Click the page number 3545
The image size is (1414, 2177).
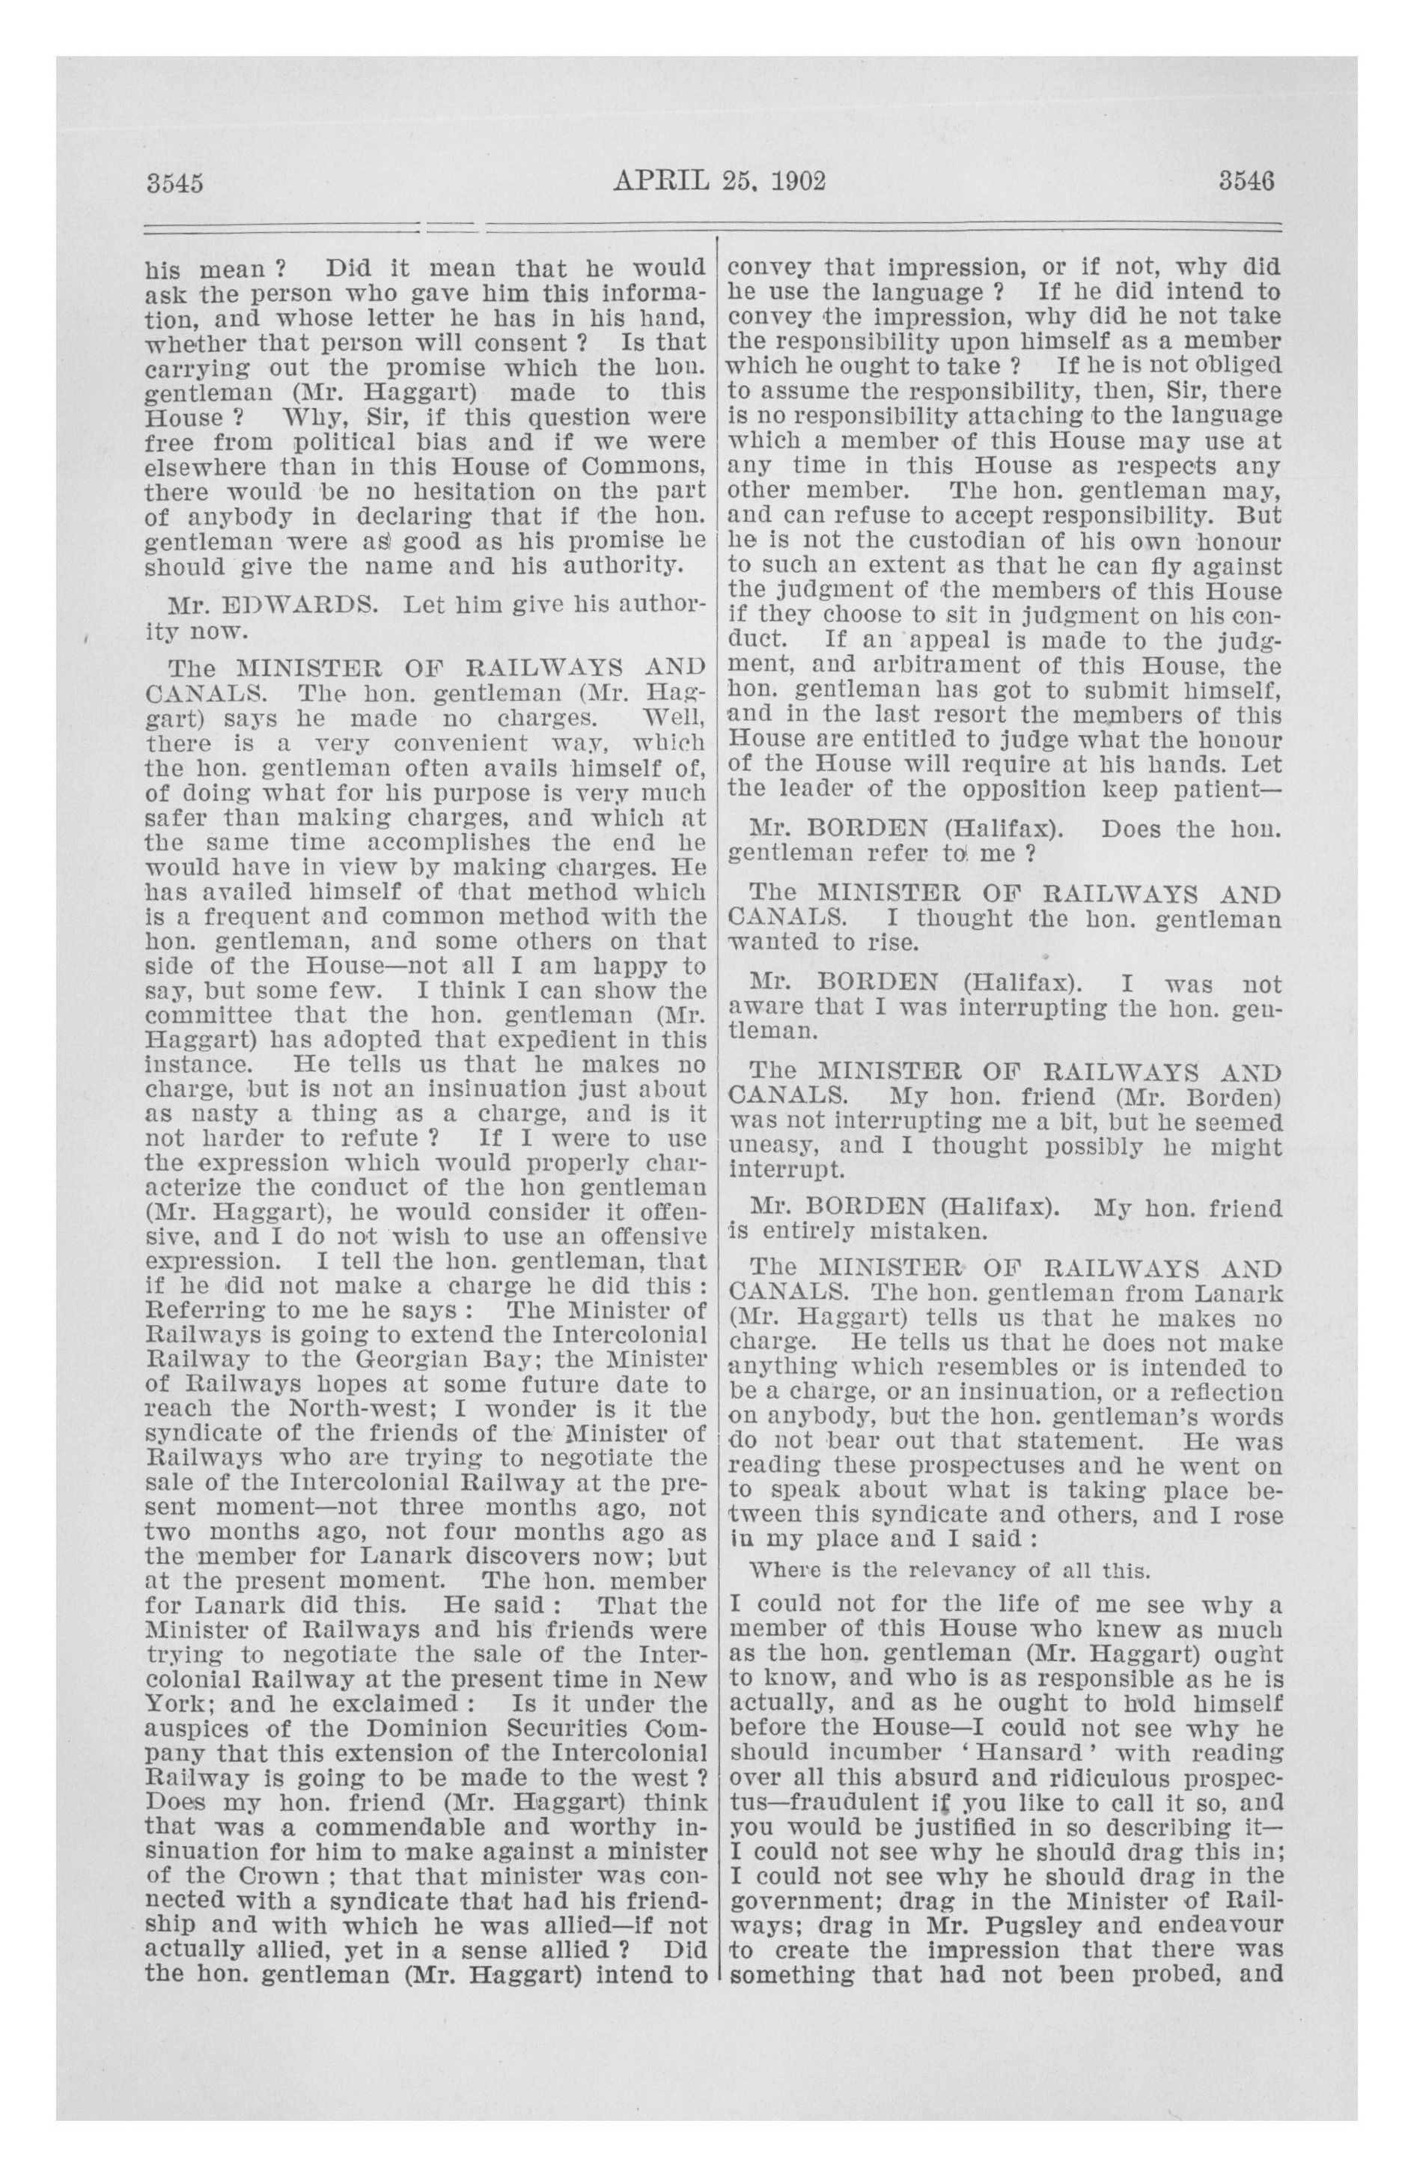pyautogui.click(x=174, y=182)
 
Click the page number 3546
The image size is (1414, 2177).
pyautogui.click(x=1246, y=180)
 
